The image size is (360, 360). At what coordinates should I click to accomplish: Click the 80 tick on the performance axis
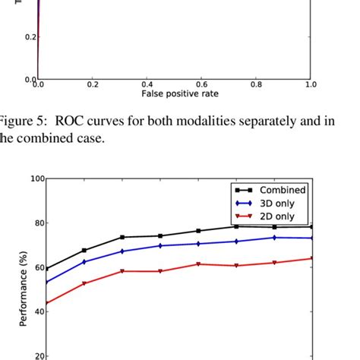click(37, 223)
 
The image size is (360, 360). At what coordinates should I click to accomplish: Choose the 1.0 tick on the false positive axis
click(310, 84)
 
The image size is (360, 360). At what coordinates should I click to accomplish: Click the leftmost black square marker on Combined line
click(46, 268)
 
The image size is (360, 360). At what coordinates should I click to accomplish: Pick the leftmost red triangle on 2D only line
click(46, 303)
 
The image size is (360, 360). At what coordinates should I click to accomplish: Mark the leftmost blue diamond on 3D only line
click(46, 283)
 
